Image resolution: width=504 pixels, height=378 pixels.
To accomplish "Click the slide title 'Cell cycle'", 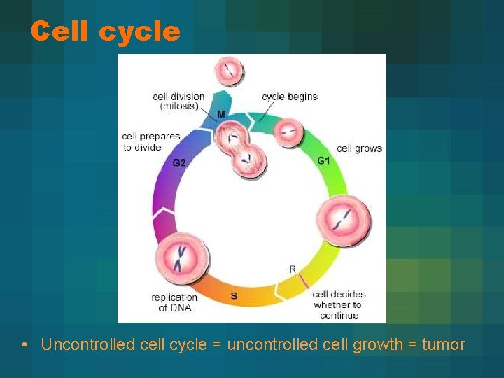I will (105, 31).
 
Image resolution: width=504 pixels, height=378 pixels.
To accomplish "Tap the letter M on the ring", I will (221, 114).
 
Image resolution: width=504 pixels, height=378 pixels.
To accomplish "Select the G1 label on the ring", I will (323, 160).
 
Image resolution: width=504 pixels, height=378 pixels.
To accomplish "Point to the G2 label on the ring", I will (179, 162).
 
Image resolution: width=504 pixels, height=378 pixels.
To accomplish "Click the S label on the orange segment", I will (233, 296).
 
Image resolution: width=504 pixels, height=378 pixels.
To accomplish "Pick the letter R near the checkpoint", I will (293, 269).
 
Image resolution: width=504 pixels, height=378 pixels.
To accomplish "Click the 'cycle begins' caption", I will (289, 97).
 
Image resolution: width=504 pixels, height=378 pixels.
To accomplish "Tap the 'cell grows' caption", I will (359, 148).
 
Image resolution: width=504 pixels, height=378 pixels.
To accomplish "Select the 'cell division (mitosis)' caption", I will (178, 101).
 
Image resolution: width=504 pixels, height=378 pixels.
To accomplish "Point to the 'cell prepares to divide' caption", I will (150, 141).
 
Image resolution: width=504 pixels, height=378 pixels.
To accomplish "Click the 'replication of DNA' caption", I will (174, 302).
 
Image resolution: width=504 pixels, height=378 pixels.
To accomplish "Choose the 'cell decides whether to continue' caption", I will (339, 304).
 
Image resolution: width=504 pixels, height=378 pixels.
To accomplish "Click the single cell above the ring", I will (229, 71).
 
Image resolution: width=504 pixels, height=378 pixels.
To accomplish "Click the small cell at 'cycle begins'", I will (288, 131).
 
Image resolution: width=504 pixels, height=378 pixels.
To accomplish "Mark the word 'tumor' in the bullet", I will (443, 344).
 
